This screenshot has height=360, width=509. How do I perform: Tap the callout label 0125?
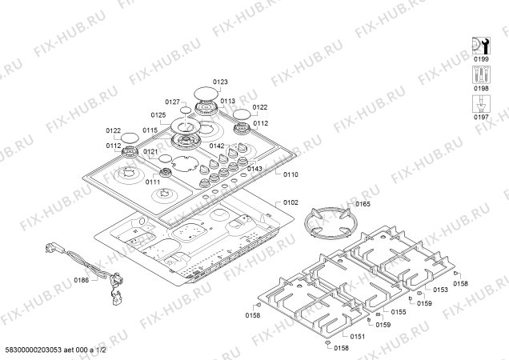[x=157, y=116]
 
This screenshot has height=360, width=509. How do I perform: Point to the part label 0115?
[x=150, y=130]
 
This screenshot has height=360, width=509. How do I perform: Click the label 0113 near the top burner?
[x=228, y=102]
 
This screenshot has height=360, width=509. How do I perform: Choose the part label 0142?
[x=217, y=146]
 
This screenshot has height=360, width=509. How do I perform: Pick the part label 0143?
[x=255, y=168]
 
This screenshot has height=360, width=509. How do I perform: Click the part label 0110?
[x=291, y=174]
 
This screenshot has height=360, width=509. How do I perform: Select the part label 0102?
[x=291, y=203]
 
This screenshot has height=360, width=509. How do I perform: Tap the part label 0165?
[x=363, y=205]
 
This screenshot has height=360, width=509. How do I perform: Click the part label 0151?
[x=358, y=337]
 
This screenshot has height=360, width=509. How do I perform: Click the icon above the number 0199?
[x=481, y=46]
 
